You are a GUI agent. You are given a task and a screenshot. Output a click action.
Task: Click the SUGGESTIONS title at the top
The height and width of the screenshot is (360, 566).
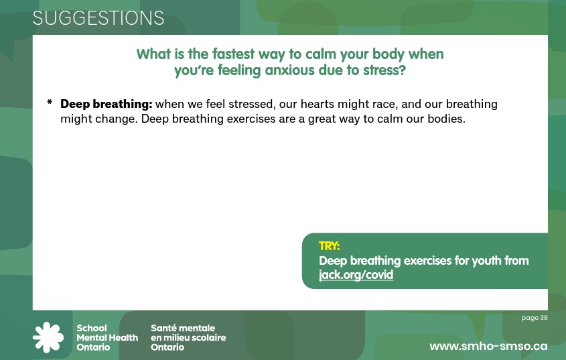pos(98,19)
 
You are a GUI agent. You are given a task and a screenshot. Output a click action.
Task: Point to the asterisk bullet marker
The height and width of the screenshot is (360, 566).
pos(50,104)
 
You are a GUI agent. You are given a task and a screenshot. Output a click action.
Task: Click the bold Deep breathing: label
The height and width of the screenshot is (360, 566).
pos(107,105)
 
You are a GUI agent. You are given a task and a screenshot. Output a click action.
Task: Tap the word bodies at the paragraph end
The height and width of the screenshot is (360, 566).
pos(446,119)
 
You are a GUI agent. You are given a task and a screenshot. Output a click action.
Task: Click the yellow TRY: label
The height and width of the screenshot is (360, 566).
pos(330,247)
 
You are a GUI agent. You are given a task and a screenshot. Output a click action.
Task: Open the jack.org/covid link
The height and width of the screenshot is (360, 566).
pos(356,275)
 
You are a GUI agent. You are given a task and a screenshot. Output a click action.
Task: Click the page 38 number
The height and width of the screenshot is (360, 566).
pos(535,318)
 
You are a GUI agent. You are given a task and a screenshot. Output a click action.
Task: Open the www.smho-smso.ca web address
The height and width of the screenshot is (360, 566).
pos(488,346)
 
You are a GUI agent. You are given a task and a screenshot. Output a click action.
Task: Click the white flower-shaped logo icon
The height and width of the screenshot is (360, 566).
pos(48,337)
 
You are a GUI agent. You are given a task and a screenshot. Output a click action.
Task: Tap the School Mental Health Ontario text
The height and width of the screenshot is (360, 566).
pos(107,338)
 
